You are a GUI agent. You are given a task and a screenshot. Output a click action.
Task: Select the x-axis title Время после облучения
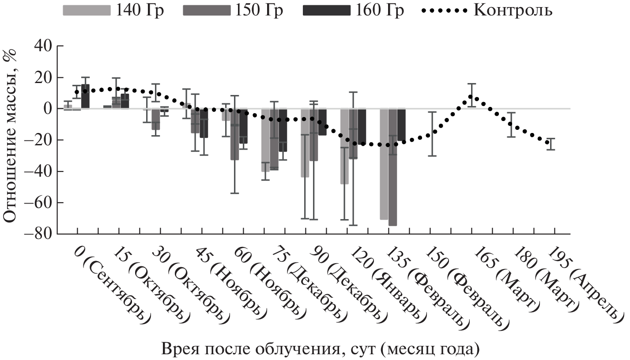[321, 349]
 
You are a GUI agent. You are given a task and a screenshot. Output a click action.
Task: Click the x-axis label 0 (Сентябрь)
[110, 283]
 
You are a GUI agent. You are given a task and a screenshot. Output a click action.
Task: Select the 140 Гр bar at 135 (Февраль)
[384, 164]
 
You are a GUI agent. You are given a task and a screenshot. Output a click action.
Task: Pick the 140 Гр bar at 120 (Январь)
[344, 146]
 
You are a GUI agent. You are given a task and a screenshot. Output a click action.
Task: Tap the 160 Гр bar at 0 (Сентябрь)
[85, 96]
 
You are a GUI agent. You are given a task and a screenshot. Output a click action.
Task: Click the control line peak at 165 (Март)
[471, 97]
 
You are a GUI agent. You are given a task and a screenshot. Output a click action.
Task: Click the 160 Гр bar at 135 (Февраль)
[401, 125]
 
